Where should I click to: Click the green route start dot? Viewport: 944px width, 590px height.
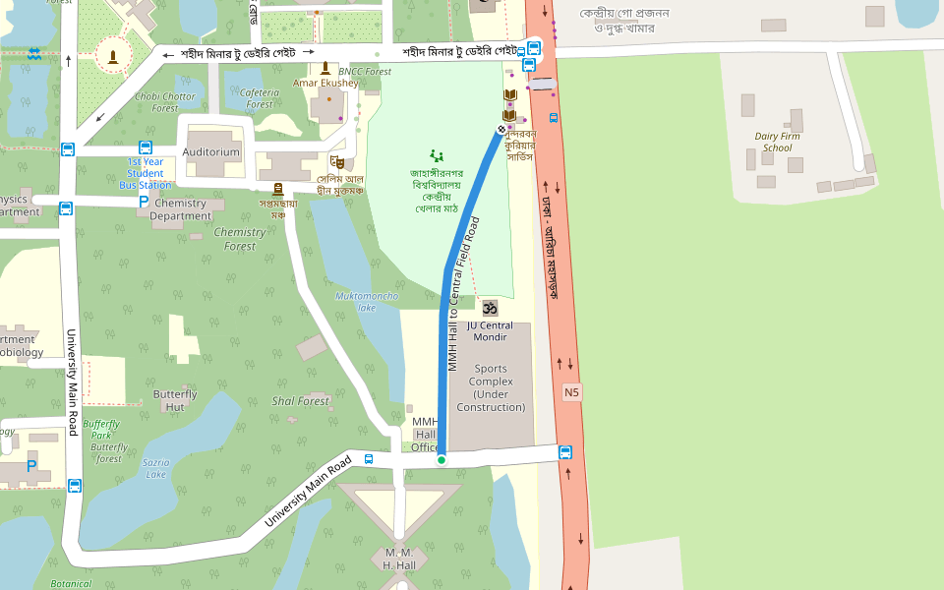pyautogui.click(x=442, y=460)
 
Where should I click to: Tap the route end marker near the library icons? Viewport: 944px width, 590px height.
pyautogui.click(x=501, y=129)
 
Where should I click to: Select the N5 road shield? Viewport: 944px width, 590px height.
pyautogui.click(x=572, y=392)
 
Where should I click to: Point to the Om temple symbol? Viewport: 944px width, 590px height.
pyautogui.click(x=490, y=308)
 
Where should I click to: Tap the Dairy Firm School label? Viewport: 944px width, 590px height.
pyautogui.click(x=773, y=143)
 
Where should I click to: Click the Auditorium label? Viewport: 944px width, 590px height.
pyautogui.click(x=211, y=152)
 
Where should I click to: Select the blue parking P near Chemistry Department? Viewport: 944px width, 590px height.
pyautogui.click(x=144, y=202)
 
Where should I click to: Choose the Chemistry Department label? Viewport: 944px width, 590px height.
pyautogui.click(x=181, y=209)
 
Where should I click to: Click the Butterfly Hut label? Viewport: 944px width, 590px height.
pyautogui.click(x=175, y=400)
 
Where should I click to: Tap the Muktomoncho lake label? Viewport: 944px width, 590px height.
pyautogui.click(x=367, y=301)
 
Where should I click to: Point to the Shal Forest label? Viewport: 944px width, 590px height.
pyautogui.click(x=301, y=401)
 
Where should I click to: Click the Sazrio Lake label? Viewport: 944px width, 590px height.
pyautogui.click(x=155, y=468)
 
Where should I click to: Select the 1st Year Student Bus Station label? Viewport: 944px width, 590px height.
pyautogui.click(x=146, y=173)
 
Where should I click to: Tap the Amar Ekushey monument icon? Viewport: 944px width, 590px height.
pyautogui.click(x=325, y=68)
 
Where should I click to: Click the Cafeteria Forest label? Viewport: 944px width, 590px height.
pyautogui.click(x=260, y=98)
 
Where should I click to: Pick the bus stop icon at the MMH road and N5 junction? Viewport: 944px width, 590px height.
pyautogui.click(x=565, y=452)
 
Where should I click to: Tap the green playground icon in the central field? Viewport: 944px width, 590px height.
pyautogui.click(x=437, y=155)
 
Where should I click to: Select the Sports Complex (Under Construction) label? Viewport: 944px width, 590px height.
pyautogui.click(x=491, y=388)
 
